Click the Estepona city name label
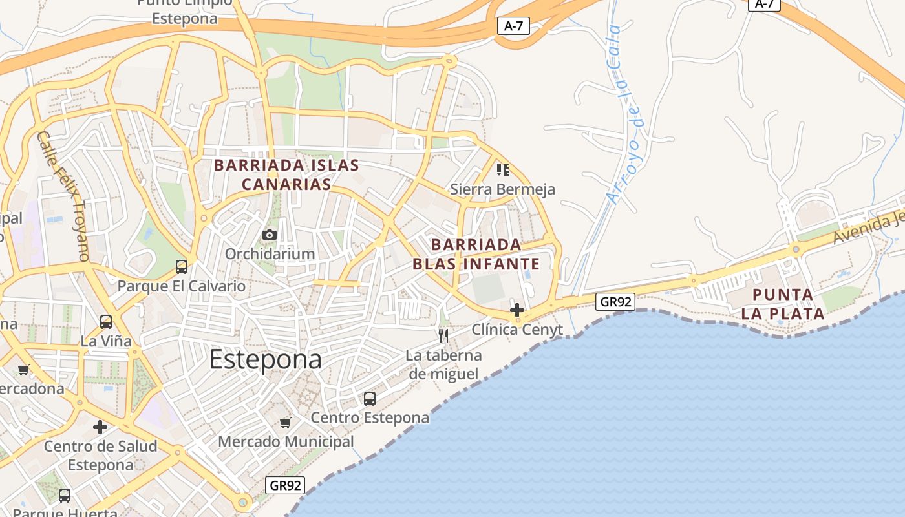tap(265, 359)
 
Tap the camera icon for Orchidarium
tap(270, 235)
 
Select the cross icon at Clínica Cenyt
tap(517, 310)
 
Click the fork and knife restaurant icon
tap(443, 335)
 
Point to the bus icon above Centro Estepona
tap(370, 399)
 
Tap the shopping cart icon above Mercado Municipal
tap(285, 423)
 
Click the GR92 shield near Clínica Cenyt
tap(615, 301)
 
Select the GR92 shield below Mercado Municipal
tap(284, 485)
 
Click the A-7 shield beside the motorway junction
tap(513, 26)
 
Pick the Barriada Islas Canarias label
tap(286, 174)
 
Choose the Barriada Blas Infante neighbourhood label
tap(476, 254)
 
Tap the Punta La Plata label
tap(783, 304)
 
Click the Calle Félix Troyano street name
tap(63, 196)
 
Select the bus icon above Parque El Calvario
tap(182, 266)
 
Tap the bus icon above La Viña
tap(106, 321)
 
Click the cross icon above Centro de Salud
tap(100, 427)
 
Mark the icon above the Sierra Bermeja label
tap(502, 170)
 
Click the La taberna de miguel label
tap(443, 364)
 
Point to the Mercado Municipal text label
tap(286, 442)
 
